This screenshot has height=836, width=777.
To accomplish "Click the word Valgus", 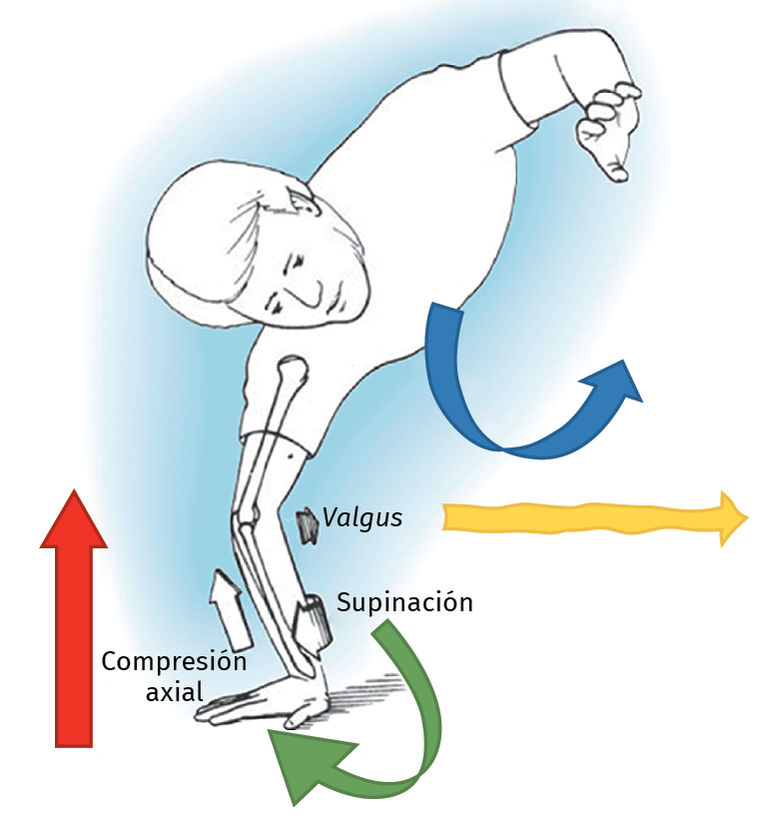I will click(x=363, y=517).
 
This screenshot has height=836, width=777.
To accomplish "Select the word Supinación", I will click(x=404, y=603).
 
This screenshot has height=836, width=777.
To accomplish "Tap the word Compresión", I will click(x=173, y=662).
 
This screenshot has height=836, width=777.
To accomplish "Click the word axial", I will click(x=175, y=691).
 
